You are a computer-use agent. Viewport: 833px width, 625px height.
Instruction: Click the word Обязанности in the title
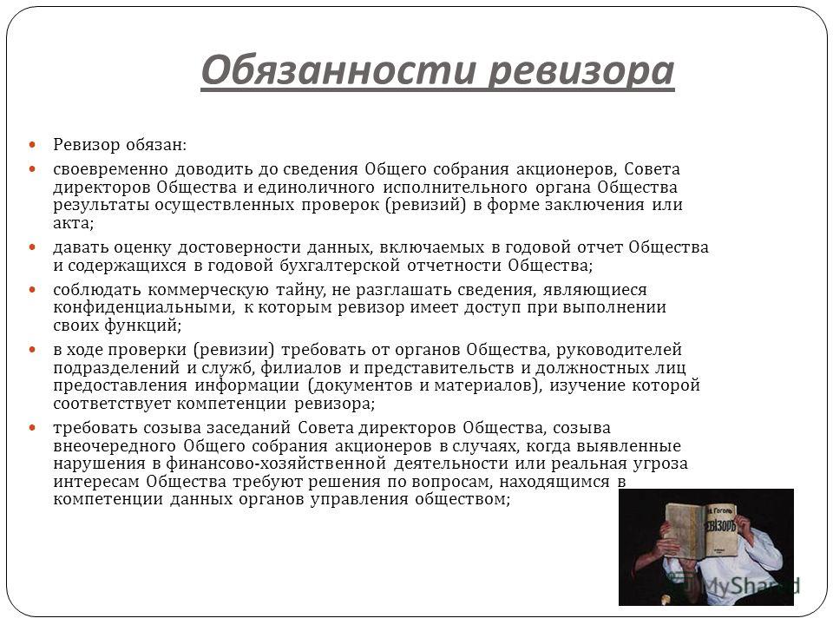pyautogui.click(x=338, y=70)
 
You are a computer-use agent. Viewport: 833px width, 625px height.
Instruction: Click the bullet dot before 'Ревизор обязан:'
pyautogui.click(x=32, y=145)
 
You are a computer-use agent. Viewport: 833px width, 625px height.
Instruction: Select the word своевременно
pyautogui.click(x=110, y=169)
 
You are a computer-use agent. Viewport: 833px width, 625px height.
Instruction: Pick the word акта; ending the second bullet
pyautogui.click(x=73, y=223)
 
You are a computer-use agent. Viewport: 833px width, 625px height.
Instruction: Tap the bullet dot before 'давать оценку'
pyautogui.click(x=32, y=247)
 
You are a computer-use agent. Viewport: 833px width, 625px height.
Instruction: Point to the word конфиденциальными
pyautogui.click(x=144, y=307)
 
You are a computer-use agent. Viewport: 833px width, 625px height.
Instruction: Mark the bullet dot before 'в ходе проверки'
pyautogui.click(x=32, y=350)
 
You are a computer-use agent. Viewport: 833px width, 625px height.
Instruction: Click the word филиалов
pyautogui.click(x=301, y=368)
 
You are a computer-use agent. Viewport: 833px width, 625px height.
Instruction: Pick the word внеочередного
pyautogui.click(x=115, y=446)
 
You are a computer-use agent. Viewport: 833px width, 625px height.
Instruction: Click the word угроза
pyautogui.click(x=660, y=464)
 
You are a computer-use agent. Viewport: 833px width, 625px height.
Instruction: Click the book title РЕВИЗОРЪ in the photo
pyautogui.click(x=720, y=526)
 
